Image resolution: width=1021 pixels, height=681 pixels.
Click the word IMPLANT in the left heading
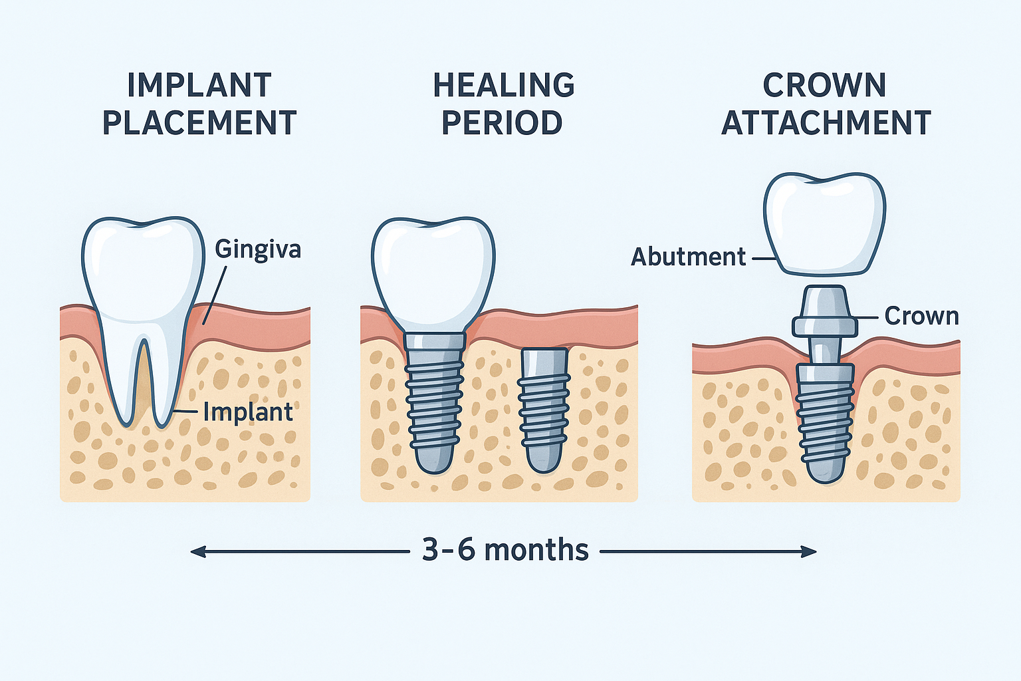pos(199,86)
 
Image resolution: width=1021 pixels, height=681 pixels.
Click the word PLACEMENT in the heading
pos(199,123)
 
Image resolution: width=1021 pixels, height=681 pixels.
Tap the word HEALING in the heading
pos(504,86)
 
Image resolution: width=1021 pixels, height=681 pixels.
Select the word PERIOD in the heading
pos(502,123)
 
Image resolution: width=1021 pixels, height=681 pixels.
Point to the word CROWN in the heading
pos(824,86)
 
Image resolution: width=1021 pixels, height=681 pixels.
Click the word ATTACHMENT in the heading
pos(826,123)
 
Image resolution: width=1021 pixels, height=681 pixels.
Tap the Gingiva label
pos(258,249)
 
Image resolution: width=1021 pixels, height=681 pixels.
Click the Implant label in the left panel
pos(248,412)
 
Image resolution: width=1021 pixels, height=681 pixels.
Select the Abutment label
pos(688,257)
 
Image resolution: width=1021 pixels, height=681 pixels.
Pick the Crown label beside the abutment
pos(921,316)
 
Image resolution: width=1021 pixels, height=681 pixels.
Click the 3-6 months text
pos(505,551)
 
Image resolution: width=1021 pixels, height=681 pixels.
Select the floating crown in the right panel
pos(824,223)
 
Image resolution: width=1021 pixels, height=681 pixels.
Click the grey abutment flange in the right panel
pos(824,325)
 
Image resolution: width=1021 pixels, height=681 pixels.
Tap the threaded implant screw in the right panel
pos(824,419)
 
